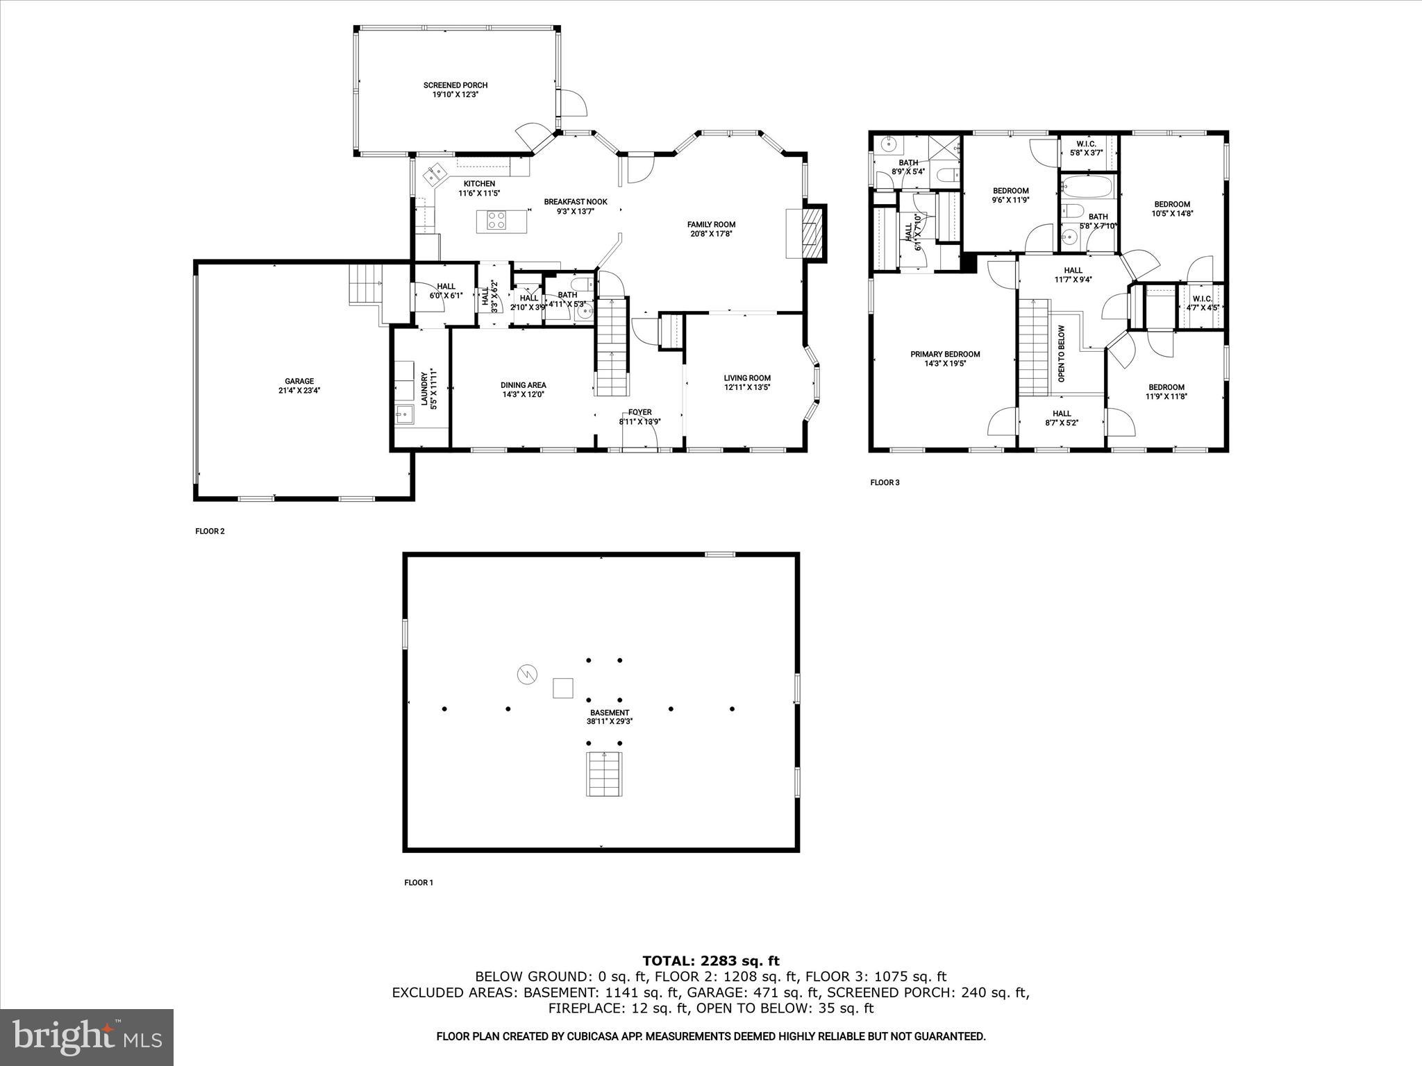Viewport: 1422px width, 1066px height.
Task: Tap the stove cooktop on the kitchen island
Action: pyautogui.click(x=496, y=221)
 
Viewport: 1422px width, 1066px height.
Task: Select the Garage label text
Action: pyautogui.click(x=299, y=381)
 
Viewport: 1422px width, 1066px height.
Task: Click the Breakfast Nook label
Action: pyautogui.click(x=575, y=202)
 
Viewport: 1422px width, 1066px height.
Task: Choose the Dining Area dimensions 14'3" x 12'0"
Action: pyautogui.click(x=523, y=394)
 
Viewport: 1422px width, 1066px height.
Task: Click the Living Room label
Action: pyautogui.click(x=747, y=378)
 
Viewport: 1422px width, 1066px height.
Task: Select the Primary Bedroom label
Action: pyautogui.click(x=945, y=354)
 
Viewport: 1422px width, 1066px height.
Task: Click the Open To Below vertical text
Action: pyautogui.click(x=1061, y=354)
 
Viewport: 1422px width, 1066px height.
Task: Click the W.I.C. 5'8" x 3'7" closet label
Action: pyautogui.click(x=1086, y=148)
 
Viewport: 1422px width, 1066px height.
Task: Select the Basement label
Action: pyautogui.click(x=610, y=713)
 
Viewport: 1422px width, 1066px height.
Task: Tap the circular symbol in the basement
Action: pyautogui.click(x=527, y=674)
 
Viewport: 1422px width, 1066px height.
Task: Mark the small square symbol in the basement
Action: pyautogui.click(x=563, y=688)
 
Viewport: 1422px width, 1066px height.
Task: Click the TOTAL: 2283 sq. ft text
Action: pyautogui.click(x=710, y=961)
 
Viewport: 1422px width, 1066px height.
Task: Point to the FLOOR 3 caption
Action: pyautogui.click(x=885, y=482)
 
